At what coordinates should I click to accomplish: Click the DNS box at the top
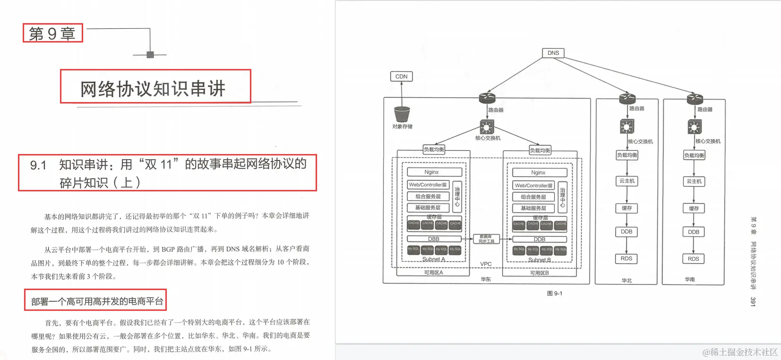[553, 53]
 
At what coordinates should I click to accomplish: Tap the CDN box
[401, 77]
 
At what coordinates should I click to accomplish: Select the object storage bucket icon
[402, 114]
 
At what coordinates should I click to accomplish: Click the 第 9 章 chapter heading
[52, 34]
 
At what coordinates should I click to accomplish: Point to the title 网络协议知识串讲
[153, 88]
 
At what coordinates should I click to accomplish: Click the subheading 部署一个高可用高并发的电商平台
[97, 301]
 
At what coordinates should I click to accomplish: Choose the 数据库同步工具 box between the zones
[486, 239]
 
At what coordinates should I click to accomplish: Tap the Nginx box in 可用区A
[431, 172]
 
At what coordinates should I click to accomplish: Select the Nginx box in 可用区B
[538, 173]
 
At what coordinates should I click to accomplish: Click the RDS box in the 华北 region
[627, 258]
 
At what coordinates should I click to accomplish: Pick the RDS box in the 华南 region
[693, 259]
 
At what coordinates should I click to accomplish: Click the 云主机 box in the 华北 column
[627, 181]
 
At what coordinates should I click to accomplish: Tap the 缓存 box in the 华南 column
[694, 208]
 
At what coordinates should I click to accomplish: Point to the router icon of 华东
[487, 98]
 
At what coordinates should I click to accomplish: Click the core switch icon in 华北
[627, 127]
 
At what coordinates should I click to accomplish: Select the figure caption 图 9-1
[555, 293]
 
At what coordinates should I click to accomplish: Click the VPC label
[486, 264]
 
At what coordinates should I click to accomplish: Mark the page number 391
[753, 301]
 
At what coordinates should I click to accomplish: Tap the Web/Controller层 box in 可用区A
[428, 185]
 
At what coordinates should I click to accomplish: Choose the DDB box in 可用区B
[540, 240]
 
